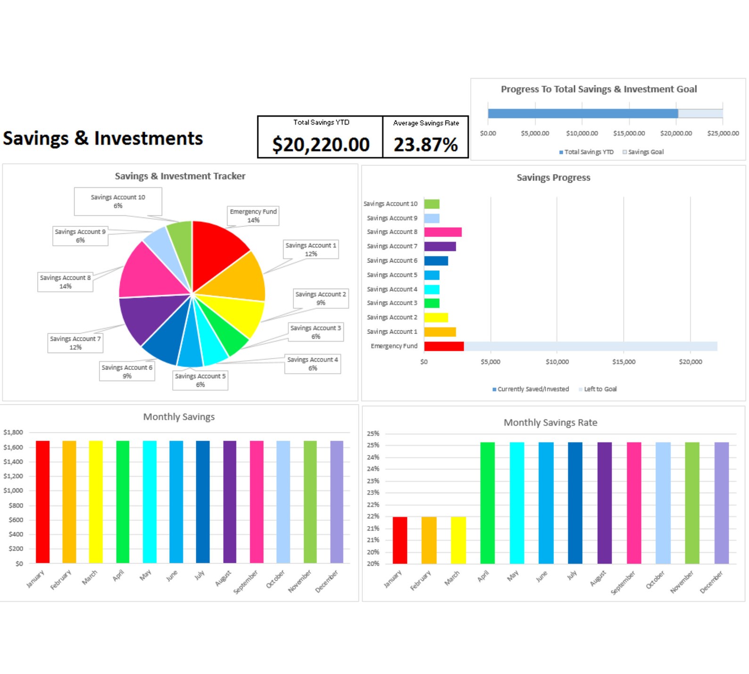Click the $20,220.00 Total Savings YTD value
click(x=321, y=144)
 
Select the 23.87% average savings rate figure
click(x=425, y=144)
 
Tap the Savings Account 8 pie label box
click(x=65, y=282)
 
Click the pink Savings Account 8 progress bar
click(x=442, y=232)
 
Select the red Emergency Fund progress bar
click(x=443, y=346)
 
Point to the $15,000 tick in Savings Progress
click(x=624, y=362)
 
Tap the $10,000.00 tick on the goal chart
click(x=582, y=133)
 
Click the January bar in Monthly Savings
click(x=43, y=502)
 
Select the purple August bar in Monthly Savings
click(x=230, y=502)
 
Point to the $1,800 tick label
click(x=13, y=432)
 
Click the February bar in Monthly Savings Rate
click(x=429, y=540)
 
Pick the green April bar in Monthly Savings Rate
click(x=487, y=503)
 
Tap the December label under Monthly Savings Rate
click(x=711, y=582)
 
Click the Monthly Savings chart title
click(x=179, y=417)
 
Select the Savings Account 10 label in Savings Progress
click(x=390, y=204)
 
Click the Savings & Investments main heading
click(x=103, y=138)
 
